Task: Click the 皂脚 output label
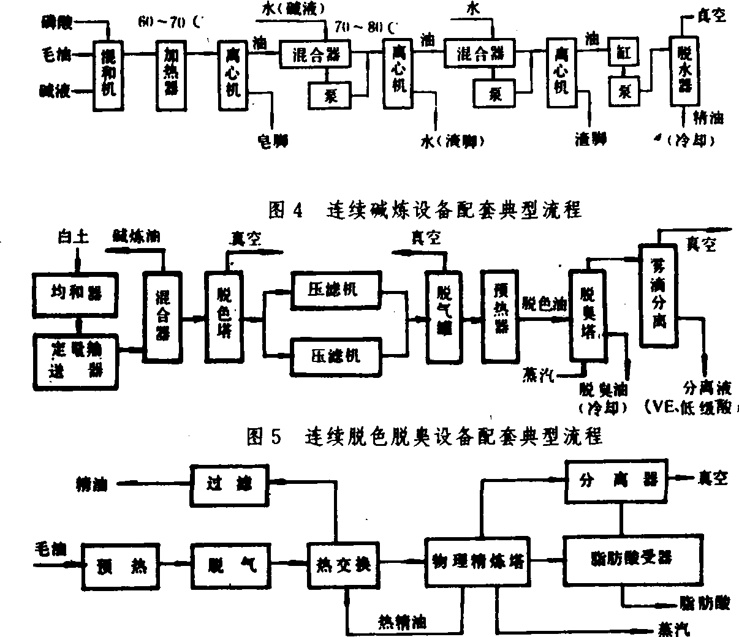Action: point(270,140)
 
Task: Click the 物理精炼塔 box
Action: point(479,561)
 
